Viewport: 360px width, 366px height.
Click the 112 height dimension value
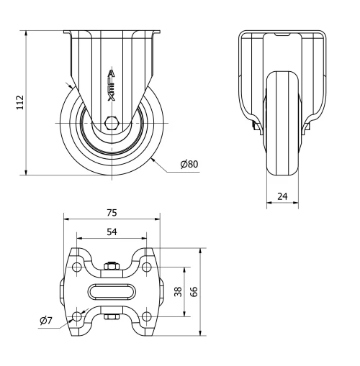[20, 102]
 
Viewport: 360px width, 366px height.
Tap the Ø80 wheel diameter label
[189, 164]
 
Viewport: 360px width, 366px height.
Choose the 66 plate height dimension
[194, 291]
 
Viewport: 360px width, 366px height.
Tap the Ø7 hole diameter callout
[46, 320]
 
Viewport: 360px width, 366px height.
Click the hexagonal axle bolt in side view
[112, 123]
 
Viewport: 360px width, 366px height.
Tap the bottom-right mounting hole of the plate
[146, 316]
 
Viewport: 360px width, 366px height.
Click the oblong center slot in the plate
[112, 291]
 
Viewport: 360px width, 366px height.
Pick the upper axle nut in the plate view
[112, 267]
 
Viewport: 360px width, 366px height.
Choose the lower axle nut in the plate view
[112, 316]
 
